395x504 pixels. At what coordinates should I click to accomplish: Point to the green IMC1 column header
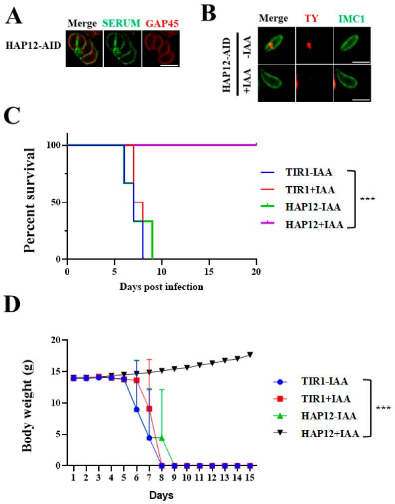(x=352, y=18)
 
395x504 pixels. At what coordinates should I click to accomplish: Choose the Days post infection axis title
(x=161, y=287)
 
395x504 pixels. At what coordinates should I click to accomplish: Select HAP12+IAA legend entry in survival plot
(x=314, y=225)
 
